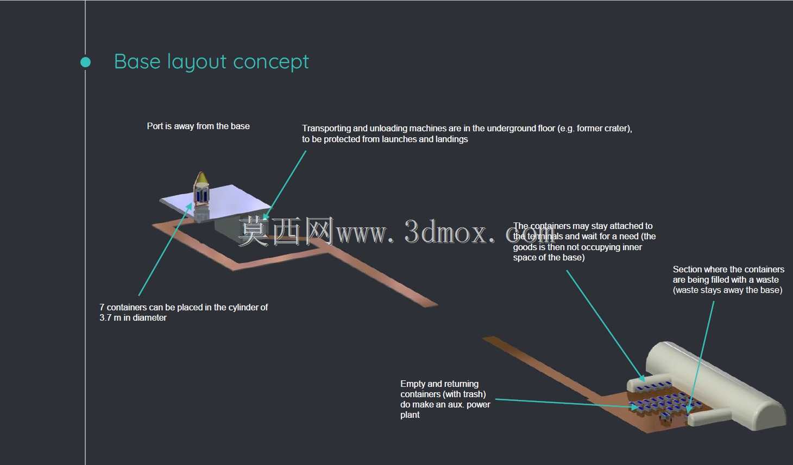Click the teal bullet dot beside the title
[85, 62]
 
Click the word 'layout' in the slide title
[197, 62]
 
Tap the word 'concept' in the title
[271, 62]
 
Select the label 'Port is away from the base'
[198, 126]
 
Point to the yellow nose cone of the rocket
[202, 178]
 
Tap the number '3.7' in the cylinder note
[105, 317]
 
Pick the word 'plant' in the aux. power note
[410, 415]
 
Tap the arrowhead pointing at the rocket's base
[190, 206]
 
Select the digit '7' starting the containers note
[102, 307]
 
